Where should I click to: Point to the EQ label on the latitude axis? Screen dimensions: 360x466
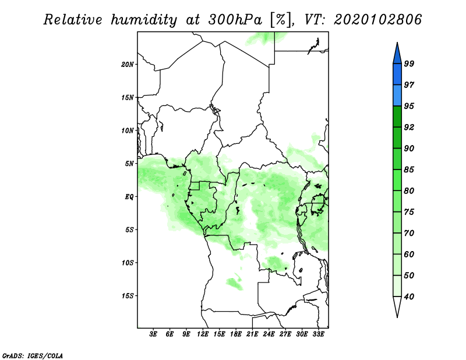[129, 196]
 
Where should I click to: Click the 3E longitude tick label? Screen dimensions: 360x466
[154, 335]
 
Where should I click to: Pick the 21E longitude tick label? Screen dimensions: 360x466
[252, 335]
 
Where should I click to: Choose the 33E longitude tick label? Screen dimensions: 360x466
[318, 335]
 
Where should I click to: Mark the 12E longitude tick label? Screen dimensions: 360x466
[203, 335]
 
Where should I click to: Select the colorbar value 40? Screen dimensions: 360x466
[409, 297]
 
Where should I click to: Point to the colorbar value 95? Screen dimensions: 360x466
[409, 106]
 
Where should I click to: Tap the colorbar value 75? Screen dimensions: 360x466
[409, 212]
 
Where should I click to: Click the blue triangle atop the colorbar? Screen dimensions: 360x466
[397, 52]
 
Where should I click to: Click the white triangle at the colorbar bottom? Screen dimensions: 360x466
[397, 307]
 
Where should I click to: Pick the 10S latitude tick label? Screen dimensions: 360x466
[128, 263]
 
